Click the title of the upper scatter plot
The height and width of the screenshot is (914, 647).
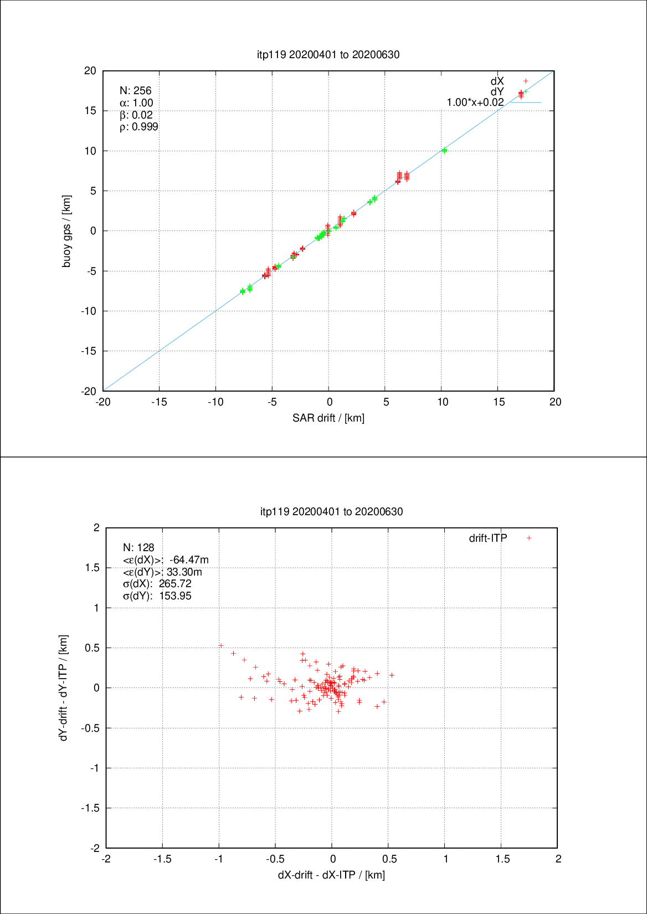click(x=328, y=54)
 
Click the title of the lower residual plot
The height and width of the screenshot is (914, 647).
click(x=331, y=511)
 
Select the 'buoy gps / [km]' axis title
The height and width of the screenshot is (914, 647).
click(x=66, y=231)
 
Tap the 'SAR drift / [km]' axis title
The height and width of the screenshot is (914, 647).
click(x=328, y=418)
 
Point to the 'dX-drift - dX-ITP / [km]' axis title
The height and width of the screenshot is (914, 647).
click(x=331, y=875)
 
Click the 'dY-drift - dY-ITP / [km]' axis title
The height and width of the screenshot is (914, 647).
click(x=64, y=687)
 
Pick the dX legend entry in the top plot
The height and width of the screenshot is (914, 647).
click(x=497, y=81)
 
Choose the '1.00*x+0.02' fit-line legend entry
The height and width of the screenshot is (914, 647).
click(x=475, y=102)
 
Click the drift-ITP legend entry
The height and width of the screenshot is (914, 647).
click(x=488, y=538)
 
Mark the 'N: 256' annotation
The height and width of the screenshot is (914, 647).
click(x=135, y=91)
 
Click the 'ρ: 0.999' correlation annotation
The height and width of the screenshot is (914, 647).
click(x=138, y=127)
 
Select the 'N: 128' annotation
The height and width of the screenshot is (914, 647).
click(x=138, y=548)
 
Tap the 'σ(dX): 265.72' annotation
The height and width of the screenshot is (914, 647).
click(x=157, y=584)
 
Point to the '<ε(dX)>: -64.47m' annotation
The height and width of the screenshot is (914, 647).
click(x=166, y=560)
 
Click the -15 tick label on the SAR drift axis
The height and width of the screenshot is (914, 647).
click(x=159, y=402)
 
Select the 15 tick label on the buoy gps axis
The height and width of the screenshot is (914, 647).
click(x=90, y=111)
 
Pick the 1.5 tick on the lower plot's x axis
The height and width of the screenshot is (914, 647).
click(x=502, y=859)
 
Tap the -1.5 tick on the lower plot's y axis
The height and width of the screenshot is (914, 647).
click(x=90, y=808)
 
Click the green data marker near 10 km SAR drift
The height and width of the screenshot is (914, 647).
click(x=444, y=150)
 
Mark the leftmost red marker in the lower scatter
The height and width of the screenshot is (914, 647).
click(x=220, y=645)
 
